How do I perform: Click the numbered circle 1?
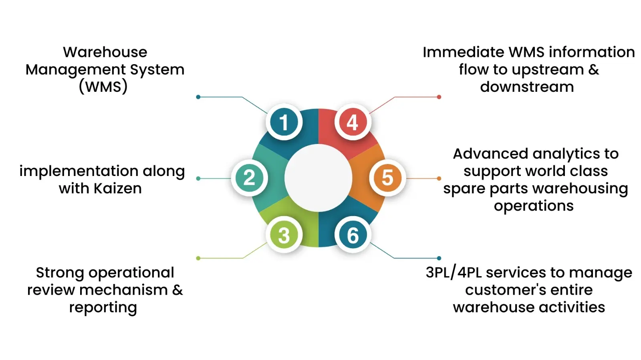284,122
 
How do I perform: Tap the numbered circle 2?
249,178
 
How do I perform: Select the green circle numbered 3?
284,235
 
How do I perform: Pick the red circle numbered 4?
353,122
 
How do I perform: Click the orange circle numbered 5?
387,178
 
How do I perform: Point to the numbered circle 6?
353,235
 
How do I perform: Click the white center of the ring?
318,178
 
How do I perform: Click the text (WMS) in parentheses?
103,87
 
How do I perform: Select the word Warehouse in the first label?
105,52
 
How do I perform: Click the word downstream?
527,87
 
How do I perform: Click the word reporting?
103,308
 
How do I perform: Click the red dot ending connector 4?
439,97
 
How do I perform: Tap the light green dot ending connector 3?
198,258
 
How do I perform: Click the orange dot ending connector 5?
439,178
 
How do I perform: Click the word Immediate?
463,52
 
